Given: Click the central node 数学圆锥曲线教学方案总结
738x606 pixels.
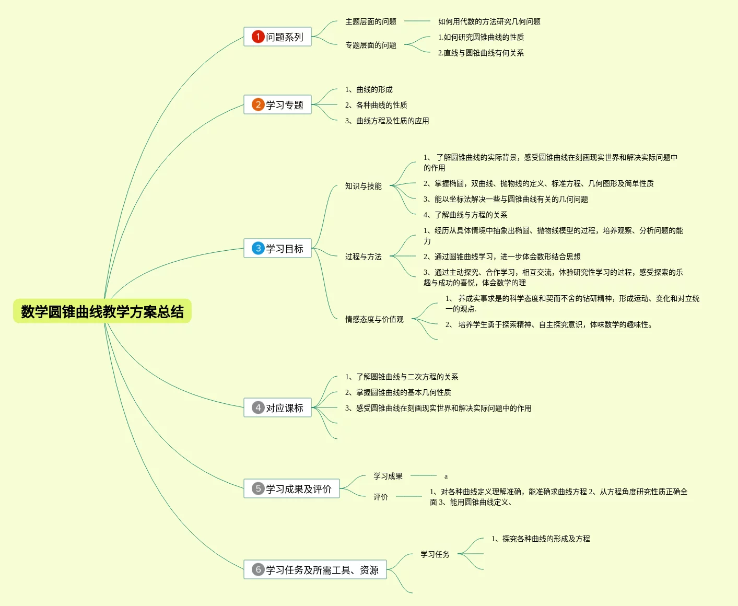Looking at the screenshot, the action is pos(102,311).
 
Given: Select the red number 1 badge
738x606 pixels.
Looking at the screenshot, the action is pos(258,37).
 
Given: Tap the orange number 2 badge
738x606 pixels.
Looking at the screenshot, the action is pos(258,104).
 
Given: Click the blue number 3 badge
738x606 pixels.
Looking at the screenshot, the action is pos(258,248).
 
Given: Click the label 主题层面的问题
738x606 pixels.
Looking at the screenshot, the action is pos(371,21).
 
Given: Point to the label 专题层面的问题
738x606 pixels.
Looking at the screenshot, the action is pos(371,45).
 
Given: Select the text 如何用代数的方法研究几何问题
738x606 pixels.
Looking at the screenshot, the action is pos(489,21).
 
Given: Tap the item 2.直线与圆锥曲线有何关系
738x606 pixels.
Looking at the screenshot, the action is pos(481,53).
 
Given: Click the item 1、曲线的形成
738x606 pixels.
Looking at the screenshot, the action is pos(369,89).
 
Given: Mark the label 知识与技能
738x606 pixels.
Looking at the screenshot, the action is pos(364,186).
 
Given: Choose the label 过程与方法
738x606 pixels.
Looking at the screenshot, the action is pos(364,257).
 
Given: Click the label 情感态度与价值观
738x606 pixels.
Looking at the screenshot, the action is pos(374,319).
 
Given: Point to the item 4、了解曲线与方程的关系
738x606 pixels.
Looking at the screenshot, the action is pos(465,215).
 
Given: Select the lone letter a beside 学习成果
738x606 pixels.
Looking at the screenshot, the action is pos(446,476).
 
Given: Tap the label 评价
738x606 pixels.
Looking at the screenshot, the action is pos(381,497).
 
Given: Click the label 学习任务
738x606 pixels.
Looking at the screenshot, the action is pos(435,554).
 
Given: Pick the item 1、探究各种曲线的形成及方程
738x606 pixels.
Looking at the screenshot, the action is pos(541,539).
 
